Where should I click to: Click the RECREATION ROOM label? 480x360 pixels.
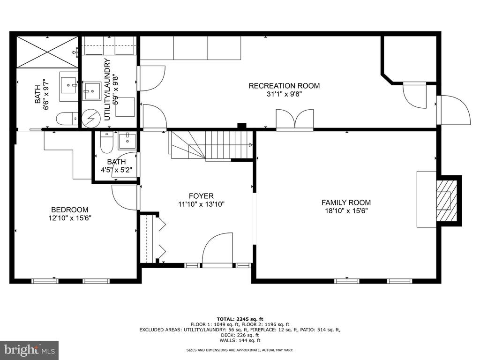284,86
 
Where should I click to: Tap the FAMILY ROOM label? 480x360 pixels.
346,202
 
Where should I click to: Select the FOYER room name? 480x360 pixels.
201,196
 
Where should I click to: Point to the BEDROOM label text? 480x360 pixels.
70,210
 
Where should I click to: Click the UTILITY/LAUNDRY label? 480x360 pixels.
107,90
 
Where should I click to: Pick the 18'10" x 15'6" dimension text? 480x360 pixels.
346,211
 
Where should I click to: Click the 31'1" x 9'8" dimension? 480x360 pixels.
285,94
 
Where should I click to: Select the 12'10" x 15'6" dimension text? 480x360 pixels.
70,218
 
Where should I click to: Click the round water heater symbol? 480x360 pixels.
91,119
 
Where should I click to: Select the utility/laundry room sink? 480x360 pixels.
91,91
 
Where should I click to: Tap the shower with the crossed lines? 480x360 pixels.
47,52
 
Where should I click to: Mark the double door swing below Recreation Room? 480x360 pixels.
295,119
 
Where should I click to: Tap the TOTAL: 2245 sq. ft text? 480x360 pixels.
240,319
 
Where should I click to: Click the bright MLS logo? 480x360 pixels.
30,350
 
